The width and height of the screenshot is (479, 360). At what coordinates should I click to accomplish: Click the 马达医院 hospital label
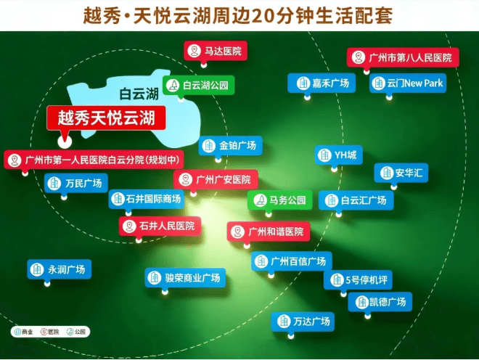pyautogui.click(x=216, y=51)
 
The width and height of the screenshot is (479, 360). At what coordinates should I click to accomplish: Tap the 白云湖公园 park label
pyautogui.click(x=199, y=85)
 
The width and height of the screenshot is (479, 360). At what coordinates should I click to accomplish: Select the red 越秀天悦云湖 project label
pyautogui.click(x=106, y=118)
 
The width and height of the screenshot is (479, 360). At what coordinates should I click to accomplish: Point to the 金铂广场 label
pyautogui.click(x=230, y=145)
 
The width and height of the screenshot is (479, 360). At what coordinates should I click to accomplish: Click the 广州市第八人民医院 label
pyautogui.click(x=403, y=57)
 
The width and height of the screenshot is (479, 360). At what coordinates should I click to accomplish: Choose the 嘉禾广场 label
pyautogui.click(x=322, y=83)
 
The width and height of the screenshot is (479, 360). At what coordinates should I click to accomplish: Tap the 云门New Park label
pyautogui.click(x=408, y=83)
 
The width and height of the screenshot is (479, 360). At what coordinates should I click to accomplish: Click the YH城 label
pyautogui.click(x=339, y=155)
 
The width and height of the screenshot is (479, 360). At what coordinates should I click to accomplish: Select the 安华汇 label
pyautogui.click(x=401, y=173)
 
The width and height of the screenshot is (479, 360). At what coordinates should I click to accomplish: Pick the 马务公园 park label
pyautogui.click(x=279, y=200)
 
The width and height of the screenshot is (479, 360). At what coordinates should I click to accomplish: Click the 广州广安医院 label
pyautogui.click(x=216, y=179)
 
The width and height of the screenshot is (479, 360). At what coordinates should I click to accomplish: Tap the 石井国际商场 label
pyautogui.click(x=147, y=199)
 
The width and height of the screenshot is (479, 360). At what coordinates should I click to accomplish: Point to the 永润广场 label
pyautogui.click(x=60, y=269)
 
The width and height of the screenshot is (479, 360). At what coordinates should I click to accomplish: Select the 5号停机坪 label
pyautogui.click(x=358, y=279)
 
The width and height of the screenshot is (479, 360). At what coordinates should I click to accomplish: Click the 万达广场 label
pyautogui.click(x=303, y=322)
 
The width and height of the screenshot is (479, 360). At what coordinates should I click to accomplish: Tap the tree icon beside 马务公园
pyautogui.click(x=261, y=200)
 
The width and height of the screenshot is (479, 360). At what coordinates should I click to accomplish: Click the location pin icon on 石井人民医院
pyautogui.click(x=129, y=226)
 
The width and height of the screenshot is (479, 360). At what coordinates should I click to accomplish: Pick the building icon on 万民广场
pyautogui.click(x=54, y=184)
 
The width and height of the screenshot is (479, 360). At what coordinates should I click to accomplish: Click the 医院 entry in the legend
pyautogui.click(x=50, y=332)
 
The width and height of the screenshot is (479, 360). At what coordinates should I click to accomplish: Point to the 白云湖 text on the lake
pyautogui.click(x=139, y=94)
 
